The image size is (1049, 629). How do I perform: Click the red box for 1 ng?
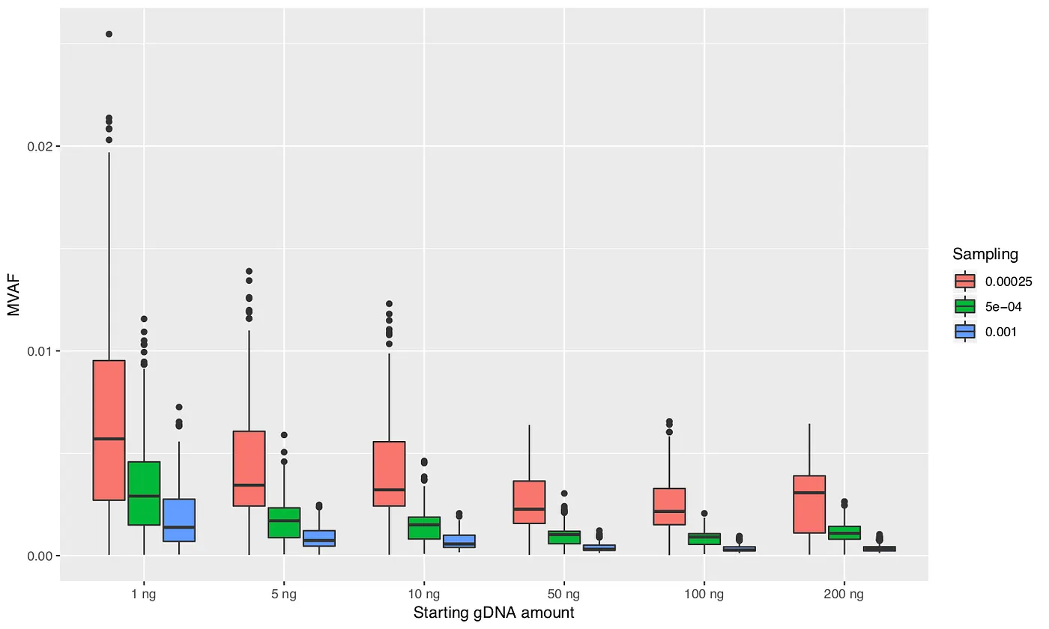[109, 430]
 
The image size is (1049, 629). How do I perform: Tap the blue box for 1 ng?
[179, 520]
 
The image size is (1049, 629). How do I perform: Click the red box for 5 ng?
[249, 469]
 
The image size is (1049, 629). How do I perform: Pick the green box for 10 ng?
[424, 528]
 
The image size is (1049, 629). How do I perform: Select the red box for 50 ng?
[529, 502]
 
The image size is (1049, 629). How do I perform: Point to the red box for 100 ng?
[669, 506]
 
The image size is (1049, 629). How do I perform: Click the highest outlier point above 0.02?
[109, 34]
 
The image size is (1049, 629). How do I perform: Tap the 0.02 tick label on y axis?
[39, 146]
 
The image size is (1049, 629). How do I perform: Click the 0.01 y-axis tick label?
[39, 351]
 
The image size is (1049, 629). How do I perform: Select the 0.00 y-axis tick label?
[39, 556]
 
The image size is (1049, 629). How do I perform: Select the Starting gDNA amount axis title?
[494, 613]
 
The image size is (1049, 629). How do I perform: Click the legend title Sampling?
[985, 254]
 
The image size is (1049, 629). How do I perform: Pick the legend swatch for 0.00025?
[965, 281]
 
